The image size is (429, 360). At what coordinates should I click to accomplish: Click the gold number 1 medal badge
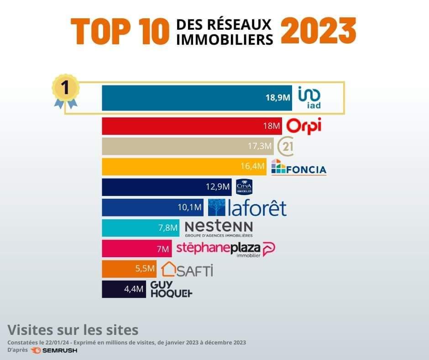pos(65,88)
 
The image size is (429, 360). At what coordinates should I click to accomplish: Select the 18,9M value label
pos(278,97)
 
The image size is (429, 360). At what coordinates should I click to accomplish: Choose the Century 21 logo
pos(285,146)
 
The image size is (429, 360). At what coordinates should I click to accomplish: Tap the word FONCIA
pos(306,170)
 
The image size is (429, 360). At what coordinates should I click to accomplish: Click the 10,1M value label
pos(189,207)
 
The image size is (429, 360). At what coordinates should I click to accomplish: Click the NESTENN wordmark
pos(219,226)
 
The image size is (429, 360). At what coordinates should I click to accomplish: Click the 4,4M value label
pos(133,289)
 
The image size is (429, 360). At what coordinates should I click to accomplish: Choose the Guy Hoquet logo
pos(171,289)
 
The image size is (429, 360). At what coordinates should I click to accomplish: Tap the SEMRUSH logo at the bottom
pos(54,350)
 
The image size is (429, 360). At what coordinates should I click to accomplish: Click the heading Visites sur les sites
pos(73,329)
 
